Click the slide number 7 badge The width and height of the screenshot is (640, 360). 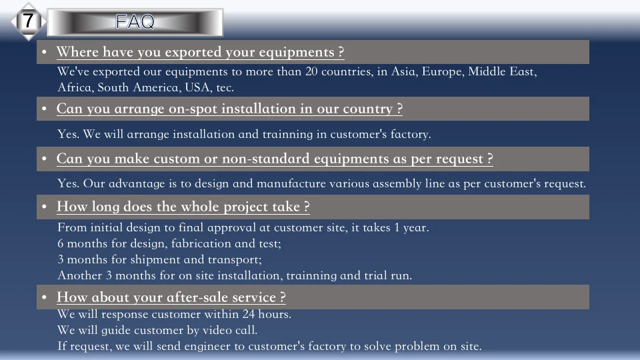[x=27, y=21]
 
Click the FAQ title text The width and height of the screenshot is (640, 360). [x=135, y=22]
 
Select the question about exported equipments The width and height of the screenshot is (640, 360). [x=200, y=52]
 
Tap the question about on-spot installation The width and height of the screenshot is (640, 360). [x=229, y=109]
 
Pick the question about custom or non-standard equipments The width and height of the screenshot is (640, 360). [x=275, y=159]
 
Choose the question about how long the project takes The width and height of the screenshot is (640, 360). [x=183, y=207]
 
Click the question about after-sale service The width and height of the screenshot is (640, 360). [x=171, y=297]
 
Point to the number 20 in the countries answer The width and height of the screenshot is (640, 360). [x=311, y=72]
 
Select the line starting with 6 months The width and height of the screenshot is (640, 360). [x=169, y=244]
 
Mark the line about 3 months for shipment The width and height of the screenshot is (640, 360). [x=159, y=260]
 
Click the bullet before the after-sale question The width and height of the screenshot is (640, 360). [x=44, y=297]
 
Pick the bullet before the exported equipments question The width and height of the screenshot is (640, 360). [x=44, y=53]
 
